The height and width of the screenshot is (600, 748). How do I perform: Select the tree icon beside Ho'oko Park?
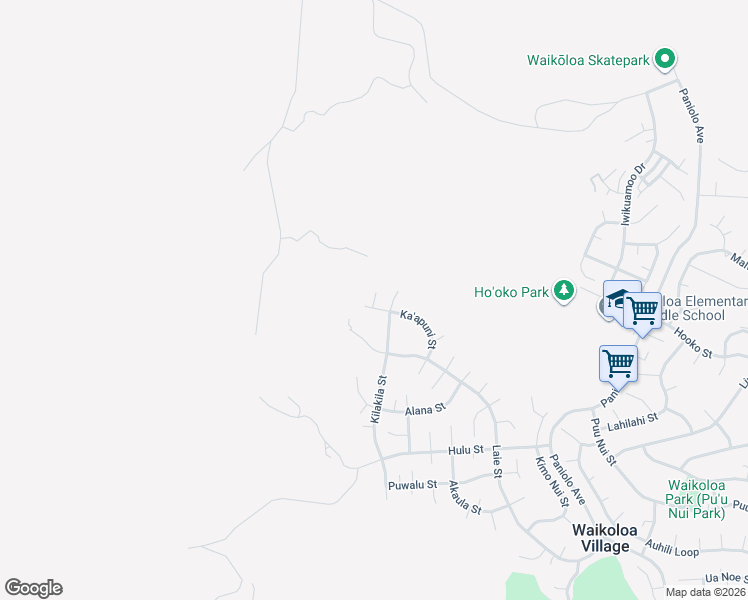coord(565,291)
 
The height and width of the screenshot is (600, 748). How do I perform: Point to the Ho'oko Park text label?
coord(511,292)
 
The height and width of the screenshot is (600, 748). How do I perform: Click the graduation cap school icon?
coord(619,299)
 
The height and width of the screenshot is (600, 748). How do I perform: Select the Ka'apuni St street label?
coord(419,329)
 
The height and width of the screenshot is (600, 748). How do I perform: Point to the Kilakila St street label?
coord(378,399)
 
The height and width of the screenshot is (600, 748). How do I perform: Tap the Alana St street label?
coord(423,410)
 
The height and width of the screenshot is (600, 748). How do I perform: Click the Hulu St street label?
coord(466,451)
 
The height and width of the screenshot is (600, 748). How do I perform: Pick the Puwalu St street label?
coord(412,485)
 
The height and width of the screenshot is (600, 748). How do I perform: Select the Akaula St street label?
coord(465,497)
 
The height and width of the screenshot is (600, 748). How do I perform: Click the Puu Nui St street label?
coord(603,442)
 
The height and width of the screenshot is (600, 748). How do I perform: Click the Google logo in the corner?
coord(33,588)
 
